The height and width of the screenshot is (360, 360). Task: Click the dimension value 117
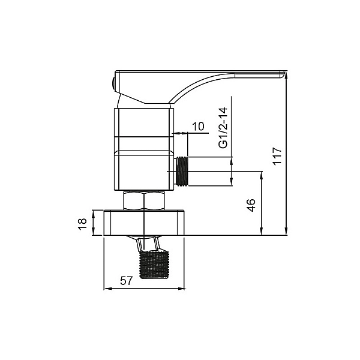point(277,157)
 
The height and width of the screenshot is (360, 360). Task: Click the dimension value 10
point(198,125)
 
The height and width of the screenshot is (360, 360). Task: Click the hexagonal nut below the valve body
point(144,200)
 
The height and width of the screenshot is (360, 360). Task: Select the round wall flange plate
point(144,223)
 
